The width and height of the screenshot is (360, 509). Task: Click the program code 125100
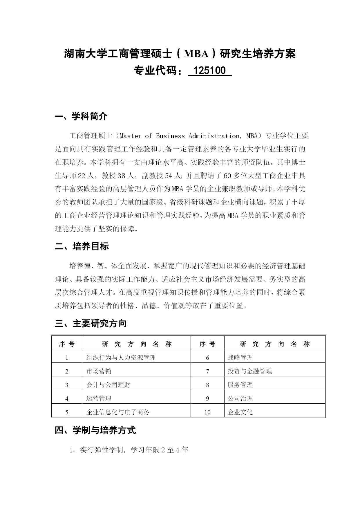point(209,71)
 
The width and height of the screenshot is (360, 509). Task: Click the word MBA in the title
point(196,54)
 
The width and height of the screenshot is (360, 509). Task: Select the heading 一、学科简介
point(81,116)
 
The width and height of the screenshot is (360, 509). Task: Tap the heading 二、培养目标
point(82,246)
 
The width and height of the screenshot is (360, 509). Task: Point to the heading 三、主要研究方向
point(91,323)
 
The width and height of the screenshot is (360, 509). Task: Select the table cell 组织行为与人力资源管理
point(121,358)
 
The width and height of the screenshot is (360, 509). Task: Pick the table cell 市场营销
point(99,371)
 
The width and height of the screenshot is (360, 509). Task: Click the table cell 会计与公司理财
point(108,385)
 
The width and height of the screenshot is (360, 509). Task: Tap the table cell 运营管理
point(99,398)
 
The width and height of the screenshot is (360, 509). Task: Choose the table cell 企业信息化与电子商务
point(118,412)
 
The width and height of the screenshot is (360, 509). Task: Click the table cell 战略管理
point(240,358)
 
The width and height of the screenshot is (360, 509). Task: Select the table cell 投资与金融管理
point(250,371)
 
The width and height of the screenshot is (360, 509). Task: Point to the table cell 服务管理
point(240,385)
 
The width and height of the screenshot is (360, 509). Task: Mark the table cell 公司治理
point(240,398)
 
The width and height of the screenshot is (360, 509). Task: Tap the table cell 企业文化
point(240,412)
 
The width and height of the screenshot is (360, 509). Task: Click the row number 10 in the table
point(207,412)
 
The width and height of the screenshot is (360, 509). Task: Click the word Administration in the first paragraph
point(214,136)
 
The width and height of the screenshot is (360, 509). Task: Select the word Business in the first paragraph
point(170,136)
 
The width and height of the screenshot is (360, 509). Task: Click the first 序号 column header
point(67,344)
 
